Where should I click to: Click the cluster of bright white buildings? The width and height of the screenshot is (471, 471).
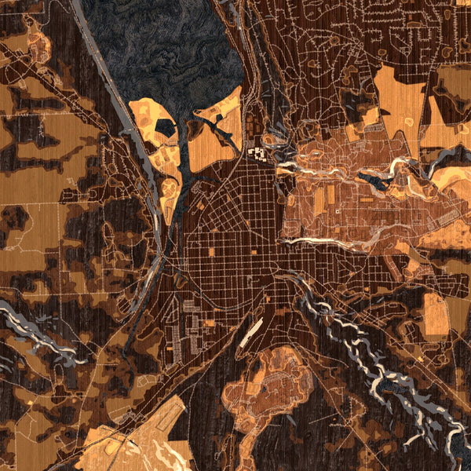257,153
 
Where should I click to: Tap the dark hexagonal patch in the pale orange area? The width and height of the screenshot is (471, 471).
165,128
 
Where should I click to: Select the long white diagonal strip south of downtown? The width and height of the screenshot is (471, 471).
250,334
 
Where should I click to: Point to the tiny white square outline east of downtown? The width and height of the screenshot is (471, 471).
338,210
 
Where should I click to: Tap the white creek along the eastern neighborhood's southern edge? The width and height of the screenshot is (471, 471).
330,239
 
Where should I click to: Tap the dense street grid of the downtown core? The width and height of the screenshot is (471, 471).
235,235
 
